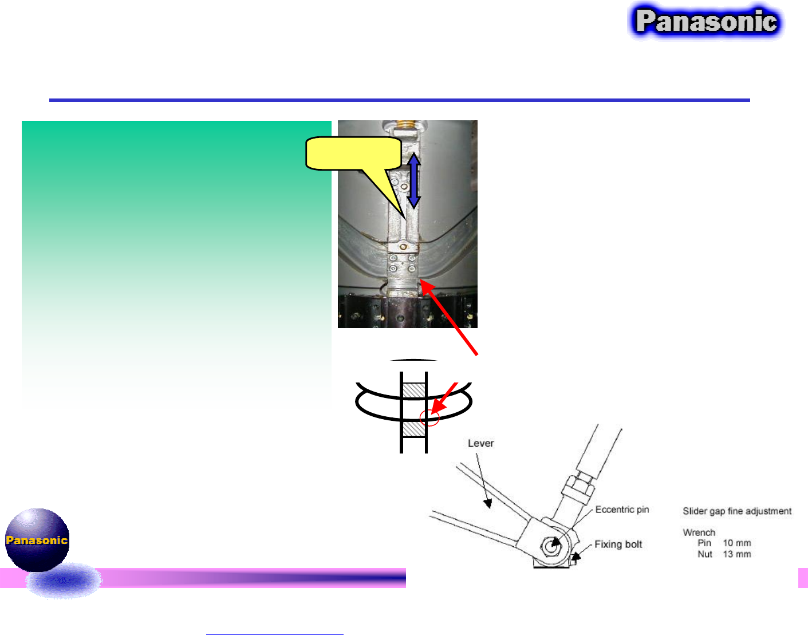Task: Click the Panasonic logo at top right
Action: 706,22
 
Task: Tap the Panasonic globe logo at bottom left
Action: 37,540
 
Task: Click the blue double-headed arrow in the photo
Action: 413,180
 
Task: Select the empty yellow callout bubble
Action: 353,153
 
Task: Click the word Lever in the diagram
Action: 480,443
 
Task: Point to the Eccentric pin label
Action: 622,510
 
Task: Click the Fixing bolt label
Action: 618,544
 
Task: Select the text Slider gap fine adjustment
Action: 737,511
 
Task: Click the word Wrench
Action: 699,533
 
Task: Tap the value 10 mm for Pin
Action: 736,543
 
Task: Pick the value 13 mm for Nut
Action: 736,554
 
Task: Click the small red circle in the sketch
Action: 429,418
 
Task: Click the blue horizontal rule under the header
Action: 399,100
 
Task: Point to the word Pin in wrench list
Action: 704,543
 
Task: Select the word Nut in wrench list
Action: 705,554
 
